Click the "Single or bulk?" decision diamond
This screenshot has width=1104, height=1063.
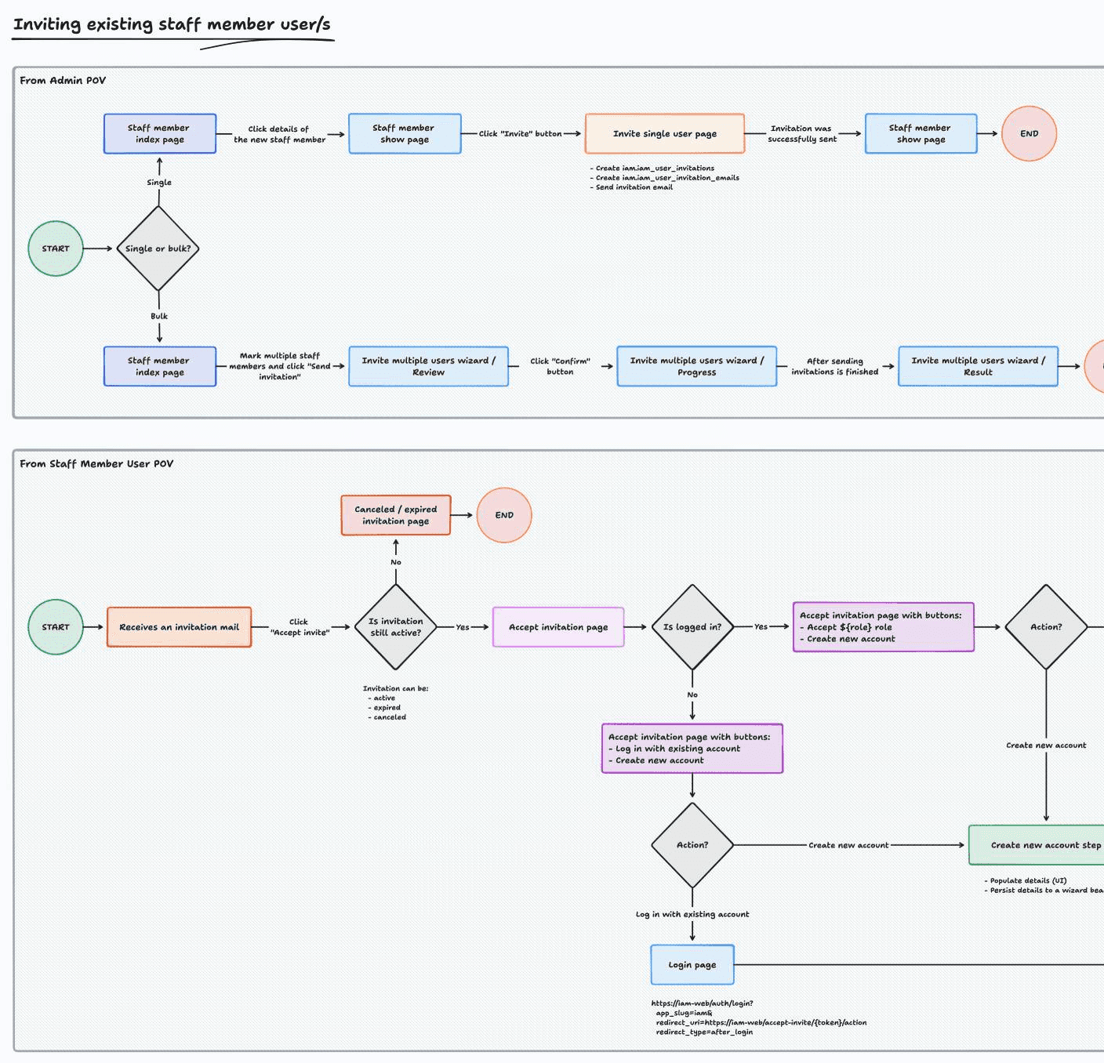coord(158,249)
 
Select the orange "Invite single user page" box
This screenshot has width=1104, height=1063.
coord(664,134)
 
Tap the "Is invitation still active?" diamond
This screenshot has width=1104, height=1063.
coord(396,627)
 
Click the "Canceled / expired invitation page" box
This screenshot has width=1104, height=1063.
coord(396,515)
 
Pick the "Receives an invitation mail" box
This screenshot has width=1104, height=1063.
coord(179,627)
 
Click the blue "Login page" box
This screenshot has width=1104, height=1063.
coord(692,965)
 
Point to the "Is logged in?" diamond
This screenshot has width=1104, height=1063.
coord(692,627)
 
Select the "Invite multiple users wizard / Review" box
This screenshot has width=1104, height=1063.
coord(428,366)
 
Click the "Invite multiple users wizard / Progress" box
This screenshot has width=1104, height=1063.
coord(696,366)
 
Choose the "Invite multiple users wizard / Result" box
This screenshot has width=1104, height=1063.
coord(978,366)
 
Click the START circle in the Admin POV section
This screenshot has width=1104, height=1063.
coord(56,249)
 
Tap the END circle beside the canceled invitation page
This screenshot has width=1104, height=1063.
coord(504,515)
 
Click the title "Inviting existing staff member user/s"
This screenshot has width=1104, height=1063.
coord(172,24)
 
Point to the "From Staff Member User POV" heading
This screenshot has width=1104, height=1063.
coord(96,464)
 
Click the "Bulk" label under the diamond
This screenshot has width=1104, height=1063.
coord(159,316)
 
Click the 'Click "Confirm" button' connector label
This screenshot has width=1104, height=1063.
coord(560,366)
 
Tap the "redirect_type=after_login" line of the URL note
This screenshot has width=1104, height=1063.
coord(704,1032)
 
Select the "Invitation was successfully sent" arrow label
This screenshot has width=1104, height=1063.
coord(801,134)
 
